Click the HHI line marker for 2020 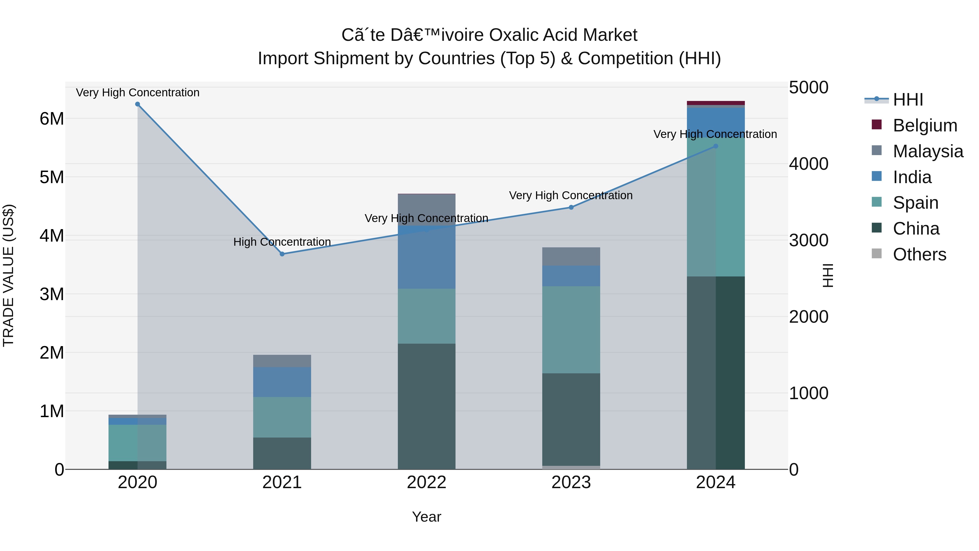point(138,104)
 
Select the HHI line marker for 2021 point(282,254)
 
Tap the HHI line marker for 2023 point(571,207)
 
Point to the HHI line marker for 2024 point(716,146)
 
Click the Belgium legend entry point(924,125)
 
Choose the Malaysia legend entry point(927,151)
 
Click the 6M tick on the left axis point(52,119)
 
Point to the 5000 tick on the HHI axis point(808,87)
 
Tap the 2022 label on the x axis point(426,482)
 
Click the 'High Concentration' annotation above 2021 point(282,242)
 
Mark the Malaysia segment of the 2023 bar point(571,256)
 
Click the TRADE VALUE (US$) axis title point(8,275)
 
